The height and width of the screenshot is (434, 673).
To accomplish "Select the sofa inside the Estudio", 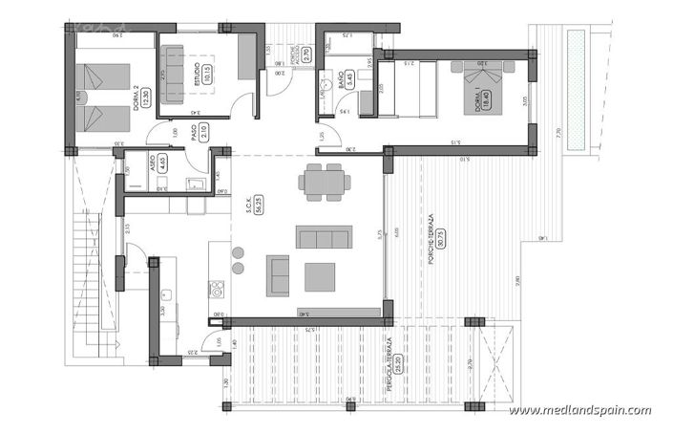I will [173, 74].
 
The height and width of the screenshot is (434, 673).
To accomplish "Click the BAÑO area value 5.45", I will [350, 79].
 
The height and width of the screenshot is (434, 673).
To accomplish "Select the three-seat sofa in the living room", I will [324, 237].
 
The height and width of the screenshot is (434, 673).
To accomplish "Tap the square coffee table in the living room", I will [320, 276].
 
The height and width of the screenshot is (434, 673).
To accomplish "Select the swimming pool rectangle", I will [576, 89].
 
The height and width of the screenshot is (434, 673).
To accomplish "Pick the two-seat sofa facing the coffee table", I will [278, 274].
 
